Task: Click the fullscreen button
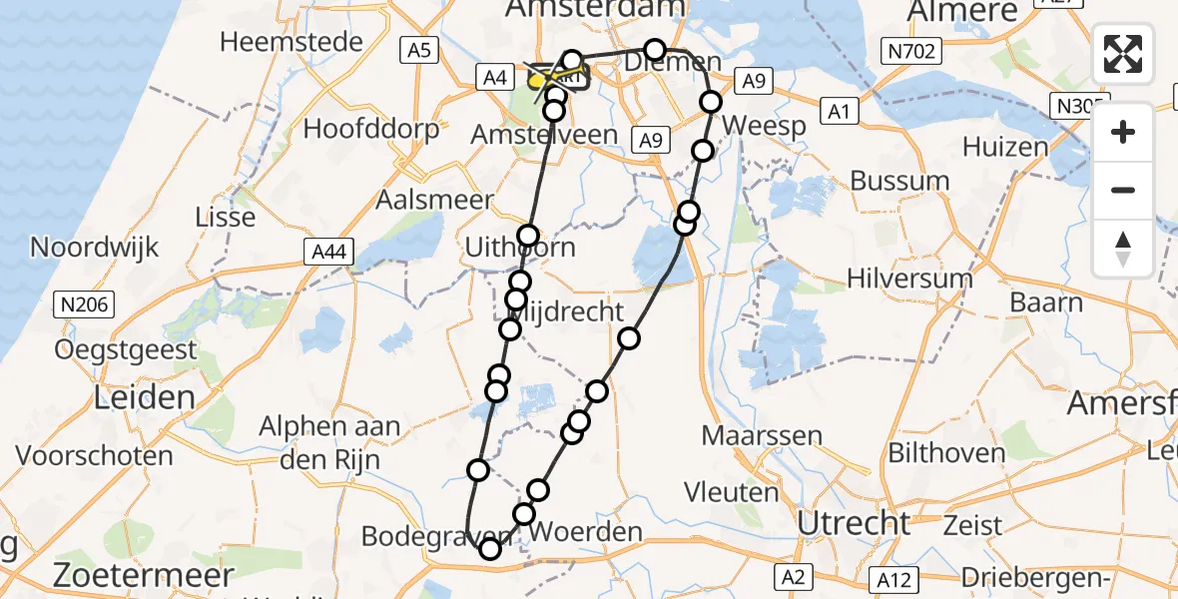[1123, 53]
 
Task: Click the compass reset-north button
[1123, 248]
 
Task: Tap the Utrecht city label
[855, 522]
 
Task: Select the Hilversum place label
[909, 278]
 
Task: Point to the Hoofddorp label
[371, 130]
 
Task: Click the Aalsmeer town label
[434, 200]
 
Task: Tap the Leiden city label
[145, 398]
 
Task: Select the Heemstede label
[278, 42]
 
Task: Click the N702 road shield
[907, 49]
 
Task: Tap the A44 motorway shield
[328, 253]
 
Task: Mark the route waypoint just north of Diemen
[654, 50]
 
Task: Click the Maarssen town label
[762, 435]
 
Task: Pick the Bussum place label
[900, 182]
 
